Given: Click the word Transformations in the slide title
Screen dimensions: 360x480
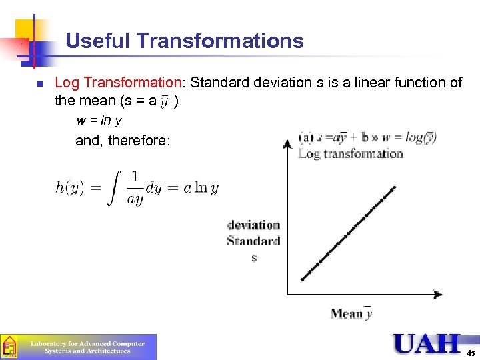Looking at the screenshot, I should pos(220,41).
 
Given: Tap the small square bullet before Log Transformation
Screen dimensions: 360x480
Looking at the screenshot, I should pos(40,84).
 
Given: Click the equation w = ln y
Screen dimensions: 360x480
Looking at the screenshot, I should pos(99,121).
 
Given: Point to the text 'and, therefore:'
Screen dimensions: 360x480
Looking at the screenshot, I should pos(123,141).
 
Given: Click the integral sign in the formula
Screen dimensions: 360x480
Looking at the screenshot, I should pos(115,187).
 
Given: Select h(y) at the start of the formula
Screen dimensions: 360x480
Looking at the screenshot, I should pos(69,188).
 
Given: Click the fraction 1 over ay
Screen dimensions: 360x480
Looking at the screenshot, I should pos(135,188).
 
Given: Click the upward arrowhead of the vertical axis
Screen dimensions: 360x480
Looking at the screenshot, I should pos(287,142).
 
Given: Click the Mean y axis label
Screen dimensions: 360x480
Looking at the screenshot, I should pos(351,313).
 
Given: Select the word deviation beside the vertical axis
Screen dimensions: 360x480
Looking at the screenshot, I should pos(253,225).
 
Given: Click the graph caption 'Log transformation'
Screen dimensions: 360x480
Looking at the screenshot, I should pos(351,153).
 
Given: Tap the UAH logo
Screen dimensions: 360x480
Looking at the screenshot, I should pos(427,344).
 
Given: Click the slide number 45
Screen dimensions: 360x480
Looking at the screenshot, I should pos(471,352).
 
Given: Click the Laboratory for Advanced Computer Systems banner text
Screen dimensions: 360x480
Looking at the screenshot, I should pos(87,347).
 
